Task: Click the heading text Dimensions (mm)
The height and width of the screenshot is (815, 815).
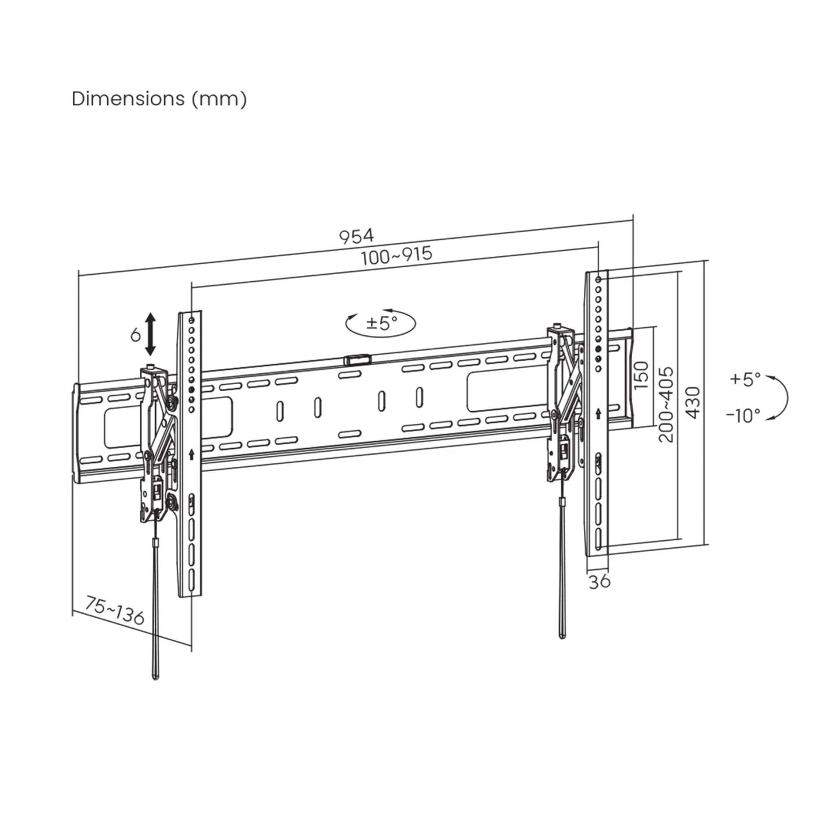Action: (x=159, y=99)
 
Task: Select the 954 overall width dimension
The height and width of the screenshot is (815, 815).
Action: (x=356, y=236)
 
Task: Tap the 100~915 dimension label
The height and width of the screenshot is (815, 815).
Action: (x=396, y=255)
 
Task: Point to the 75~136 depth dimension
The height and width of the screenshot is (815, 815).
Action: (x=115, y=610)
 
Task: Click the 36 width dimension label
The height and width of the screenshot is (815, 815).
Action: (x=599, y=582)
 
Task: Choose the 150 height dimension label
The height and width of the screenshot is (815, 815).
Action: (x=641, y=375)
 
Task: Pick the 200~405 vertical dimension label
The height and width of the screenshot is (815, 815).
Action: (x=666, y=404)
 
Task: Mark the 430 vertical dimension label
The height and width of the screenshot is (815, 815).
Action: (x=693, y=402)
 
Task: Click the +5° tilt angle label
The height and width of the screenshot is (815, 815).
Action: (x=745, y=379)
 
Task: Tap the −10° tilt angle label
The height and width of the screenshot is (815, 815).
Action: (x=743, y=416)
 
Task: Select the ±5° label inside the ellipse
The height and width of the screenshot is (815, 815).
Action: (x=381, y=322)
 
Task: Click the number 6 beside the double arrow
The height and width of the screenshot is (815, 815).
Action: (x=135, y=335)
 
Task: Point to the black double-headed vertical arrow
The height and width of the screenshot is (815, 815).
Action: (x=150, y=334)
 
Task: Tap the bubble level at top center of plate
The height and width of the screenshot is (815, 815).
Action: (x=357, y=360)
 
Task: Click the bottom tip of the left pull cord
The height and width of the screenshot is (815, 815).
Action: (x=155, y=678)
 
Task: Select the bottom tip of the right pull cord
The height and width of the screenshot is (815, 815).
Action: (x=561, y=636)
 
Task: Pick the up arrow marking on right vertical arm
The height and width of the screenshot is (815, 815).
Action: (x=598, y=413)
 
